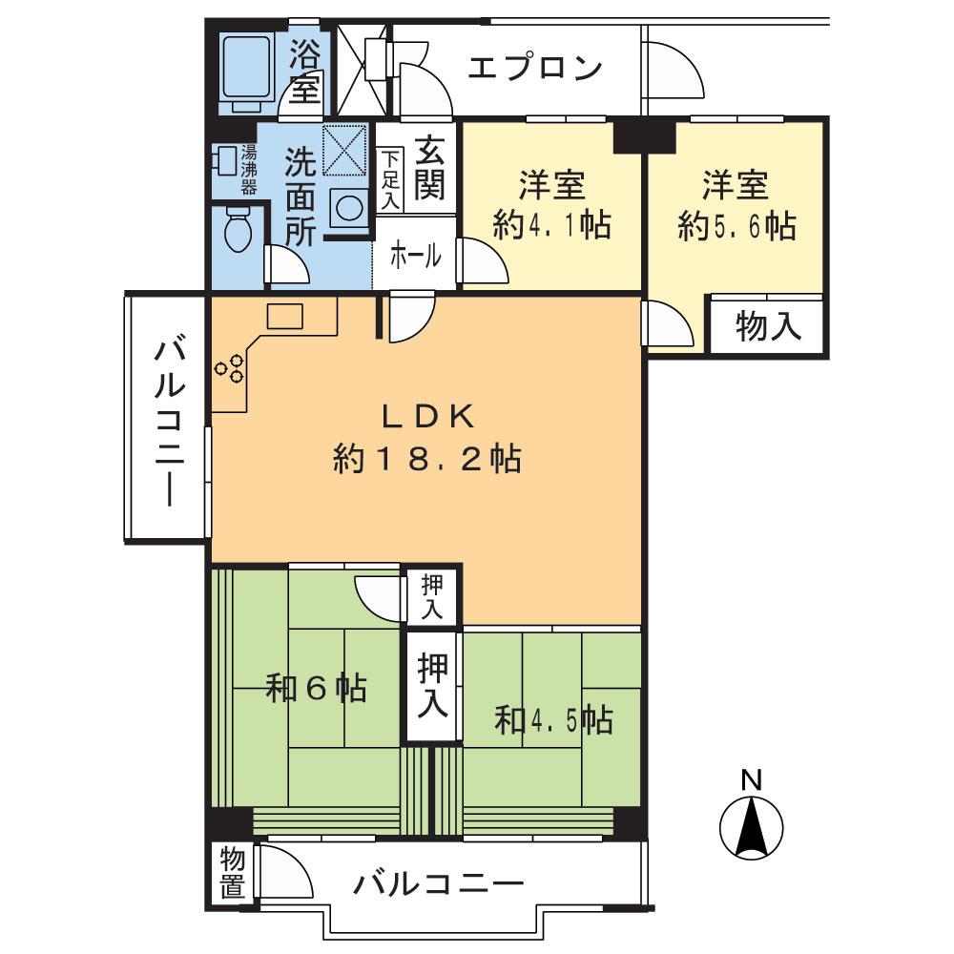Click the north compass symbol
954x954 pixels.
point(752,826)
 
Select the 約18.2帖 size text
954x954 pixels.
point(426,461)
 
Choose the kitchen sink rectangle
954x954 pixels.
point(284,316)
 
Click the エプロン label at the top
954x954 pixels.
point(536,69)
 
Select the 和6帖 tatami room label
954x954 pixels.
point(316,689)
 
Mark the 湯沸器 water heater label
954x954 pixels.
point(249,169)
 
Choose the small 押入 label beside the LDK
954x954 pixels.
point(431,596)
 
